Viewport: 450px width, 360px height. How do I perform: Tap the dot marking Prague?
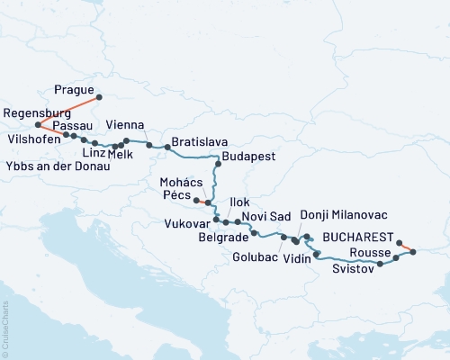99,97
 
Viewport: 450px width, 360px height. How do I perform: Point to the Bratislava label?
199,142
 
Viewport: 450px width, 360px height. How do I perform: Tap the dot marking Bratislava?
167,147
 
